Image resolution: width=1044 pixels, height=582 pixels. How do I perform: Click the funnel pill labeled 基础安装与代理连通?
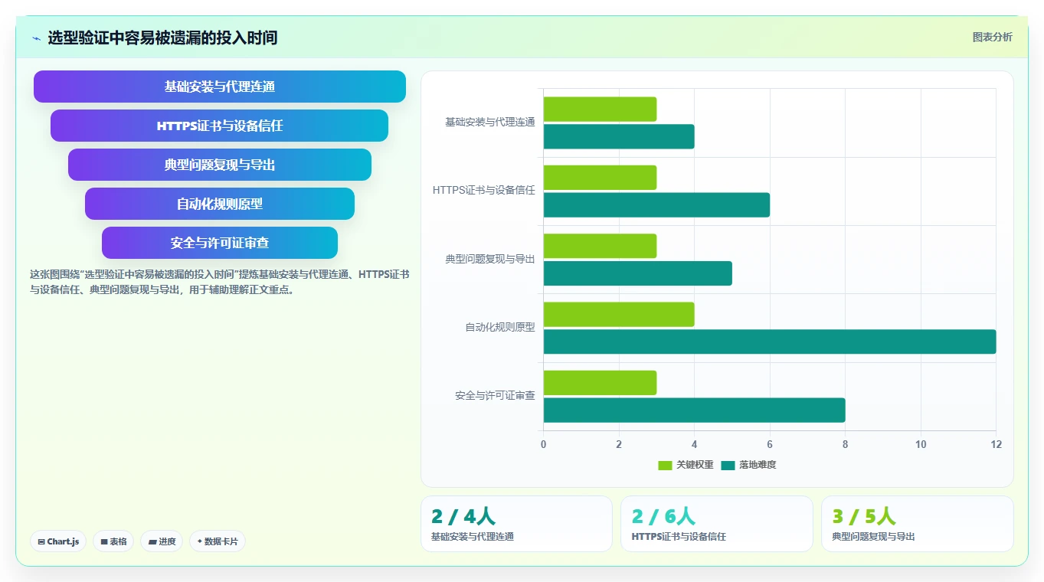point(220,87)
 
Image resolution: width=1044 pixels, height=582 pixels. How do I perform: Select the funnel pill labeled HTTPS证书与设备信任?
point(220,126)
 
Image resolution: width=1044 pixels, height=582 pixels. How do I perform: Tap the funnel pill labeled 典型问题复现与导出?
point(220,165)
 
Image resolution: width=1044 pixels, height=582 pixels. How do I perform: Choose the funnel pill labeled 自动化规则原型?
point(220,204)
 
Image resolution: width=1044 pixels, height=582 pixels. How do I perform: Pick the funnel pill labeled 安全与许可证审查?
point(220,243)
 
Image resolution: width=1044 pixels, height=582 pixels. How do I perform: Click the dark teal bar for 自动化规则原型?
point(770,342)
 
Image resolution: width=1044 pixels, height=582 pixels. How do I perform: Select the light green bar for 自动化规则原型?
point(619,315)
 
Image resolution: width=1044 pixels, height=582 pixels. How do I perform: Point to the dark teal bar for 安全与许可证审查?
point(695,410)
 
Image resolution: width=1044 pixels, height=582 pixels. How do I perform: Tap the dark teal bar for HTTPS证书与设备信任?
point(656,205)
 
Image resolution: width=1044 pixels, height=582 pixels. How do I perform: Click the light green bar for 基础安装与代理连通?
point(600,110)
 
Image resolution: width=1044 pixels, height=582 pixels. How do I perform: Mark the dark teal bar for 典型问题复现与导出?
point(637,273)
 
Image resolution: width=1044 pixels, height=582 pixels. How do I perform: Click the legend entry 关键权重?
point(686,465)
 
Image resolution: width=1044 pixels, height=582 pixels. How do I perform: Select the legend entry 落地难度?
point(748,465)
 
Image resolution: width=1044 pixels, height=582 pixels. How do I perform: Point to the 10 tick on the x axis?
point(921,444)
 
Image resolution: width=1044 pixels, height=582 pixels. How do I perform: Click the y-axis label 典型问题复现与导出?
point(490,259)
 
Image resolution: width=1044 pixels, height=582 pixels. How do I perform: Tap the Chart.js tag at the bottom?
point(58,541)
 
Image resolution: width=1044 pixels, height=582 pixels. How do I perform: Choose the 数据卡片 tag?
point(218,541)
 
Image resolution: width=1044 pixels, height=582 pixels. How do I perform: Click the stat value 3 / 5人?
point(864,516)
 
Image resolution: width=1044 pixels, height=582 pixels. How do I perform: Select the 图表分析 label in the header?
point(992,38)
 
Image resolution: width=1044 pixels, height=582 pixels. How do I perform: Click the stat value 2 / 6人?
point(663,516)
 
